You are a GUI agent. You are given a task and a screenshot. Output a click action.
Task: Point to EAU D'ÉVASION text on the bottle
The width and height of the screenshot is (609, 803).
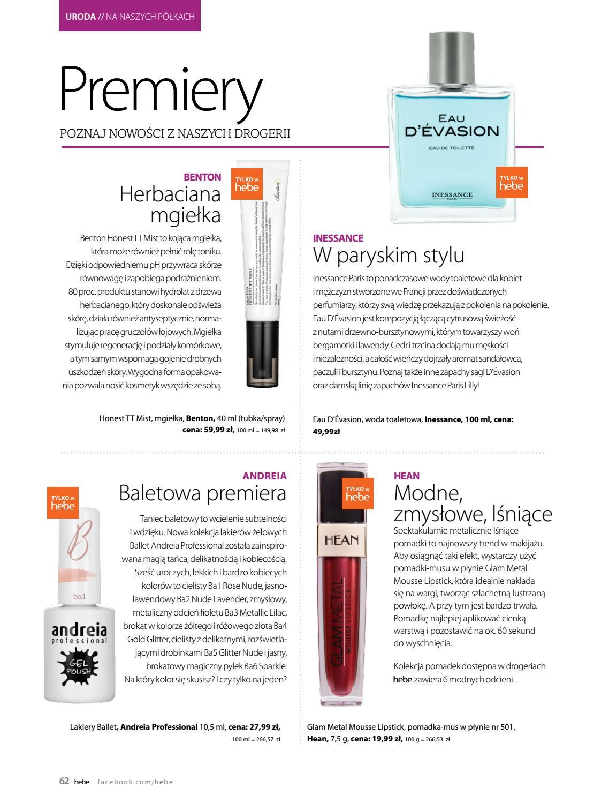[x=452, y=126]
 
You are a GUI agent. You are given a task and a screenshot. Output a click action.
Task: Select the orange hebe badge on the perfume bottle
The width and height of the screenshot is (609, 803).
[x=511, y=183]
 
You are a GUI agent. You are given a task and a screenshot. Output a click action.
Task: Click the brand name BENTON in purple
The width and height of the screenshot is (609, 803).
[x=202, y=177]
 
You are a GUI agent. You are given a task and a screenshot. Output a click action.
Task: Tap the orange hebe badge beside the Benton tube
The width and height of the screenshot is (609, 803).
[x=247, y=184]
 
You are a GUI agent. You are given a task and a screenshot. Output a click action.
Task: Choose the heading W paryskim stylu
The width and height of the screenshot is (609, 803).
[x=389, y=255]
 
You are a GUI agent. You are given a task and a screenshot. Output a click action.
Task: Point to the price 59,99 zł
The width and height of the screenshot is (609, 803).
[x=214, y=430]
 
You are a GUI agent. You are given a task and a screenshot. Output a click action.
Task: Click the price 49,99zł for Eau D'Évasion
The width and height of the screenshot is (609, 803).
[x=326, y=431]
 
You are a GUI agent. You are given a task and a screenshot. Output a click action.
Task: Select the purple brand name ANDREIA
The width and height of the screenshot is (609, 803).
[x=264, y=476]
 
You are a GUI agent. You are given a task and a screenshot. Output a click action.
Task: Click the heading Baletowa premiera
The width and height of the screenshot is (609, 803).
[x=202, y=493]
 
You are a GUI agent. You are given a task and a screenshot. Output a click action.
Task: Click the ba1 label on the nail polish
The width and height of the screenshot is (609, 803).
[x=79, y=596]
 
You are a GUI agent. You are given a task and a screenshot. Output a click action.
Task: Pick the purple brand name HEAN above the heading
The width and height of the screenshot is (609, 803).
[x=407, y=476]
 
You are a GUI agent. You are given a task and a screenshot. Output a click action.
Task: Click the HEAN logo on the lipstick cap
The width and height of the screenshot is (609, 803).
[x=341, y=539]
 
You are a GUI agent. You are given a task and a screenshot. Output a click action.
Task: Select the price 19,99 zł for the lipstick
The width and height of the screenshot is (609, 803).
[x=383, y=739]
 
